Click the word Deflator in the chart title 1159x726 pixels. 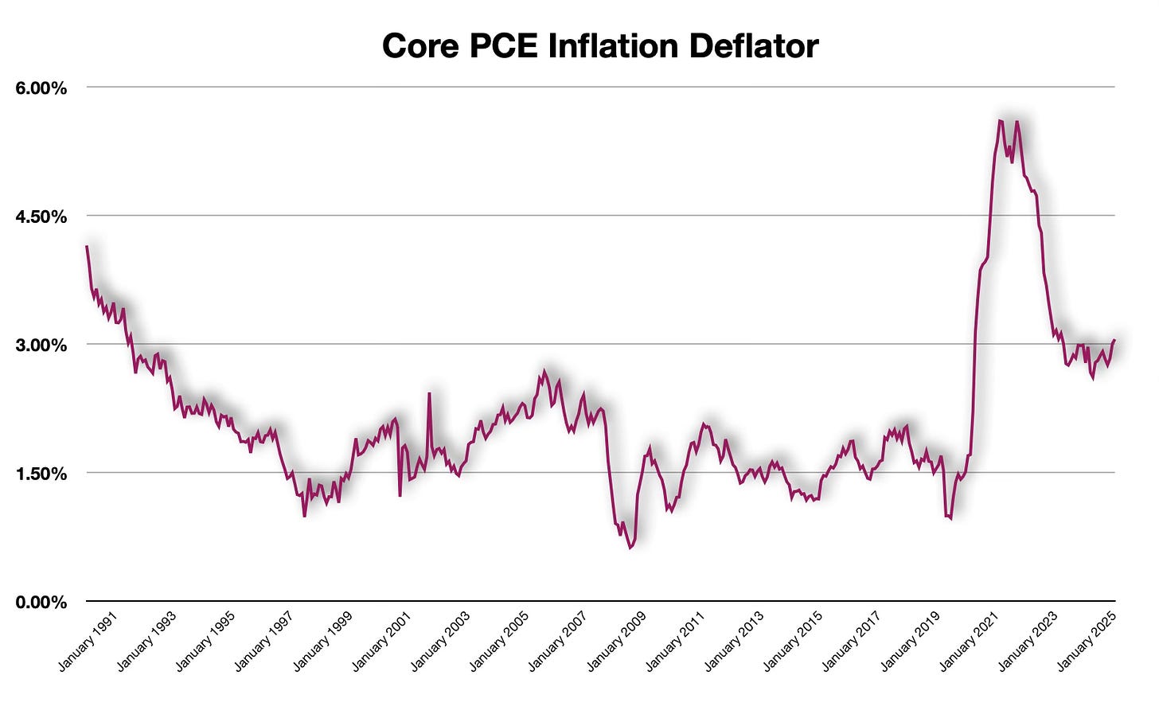tap(753, 46)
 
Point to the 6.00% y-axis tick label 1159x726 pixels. tap(41, 88)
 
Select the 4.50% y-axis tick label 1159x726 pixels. tap(41, 217)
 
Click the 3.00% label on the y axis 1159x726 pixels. tap(41, 345)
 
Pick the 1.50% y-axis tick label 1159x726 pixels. tap(41, 474)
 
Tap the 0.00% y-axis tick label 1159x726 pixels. tap(41, 603)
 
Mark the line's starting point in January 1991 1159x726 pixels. tap(87, 247)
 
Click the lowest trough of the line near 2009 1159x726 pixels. tap(630, 548)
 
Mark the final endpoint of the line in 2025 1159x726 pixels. tap(1114, 340)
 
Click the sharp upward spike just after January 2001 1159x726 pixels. tap(430, 393)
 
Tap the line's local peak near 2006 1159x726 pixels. tap(545, 371)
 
